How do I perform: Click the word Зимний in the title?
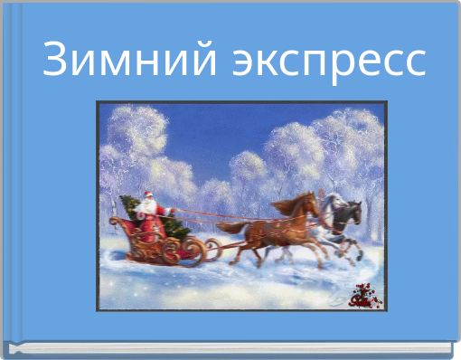[127, 61]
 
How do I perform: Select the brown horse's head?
[310, 204]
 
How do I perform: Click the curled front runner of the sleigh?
[212, 245]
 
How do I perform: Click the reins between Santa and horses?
[226, 214]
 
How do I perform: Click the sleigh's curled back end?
[115, 222]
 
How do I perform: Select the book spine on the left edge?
[7, 181]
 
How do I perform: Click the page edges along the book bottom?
[230, 348]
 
